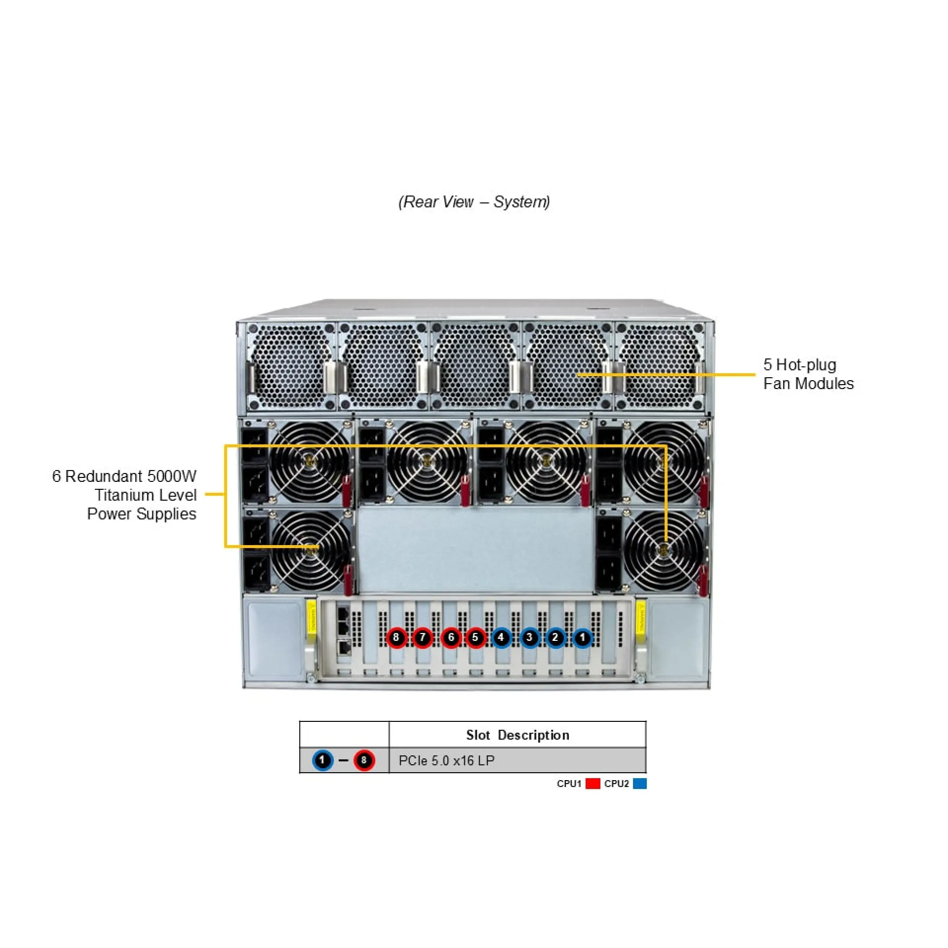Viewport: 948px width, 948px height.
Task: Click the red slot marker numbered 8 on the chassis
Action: point(395,637)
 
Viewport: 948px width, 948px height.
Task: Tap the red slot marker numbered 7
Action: point(422,637)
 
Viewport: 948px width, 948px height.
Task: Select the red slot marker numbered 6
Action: point(450,637)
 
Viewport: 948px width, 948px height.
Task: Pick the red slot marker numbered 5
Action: point(475,637)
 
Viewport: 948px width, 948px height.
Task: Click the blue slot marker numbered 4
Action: point(501,637)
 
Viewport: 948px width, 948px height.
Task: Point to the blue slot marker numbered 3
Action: point(529,637)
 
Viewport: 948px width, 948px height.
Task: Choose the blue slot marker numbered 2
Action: point(555,637)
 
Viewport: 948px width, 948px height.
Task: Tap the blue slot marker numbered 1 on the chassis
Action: point(583,637)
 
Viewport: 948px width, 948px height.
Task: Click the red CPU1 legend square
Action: point(592,784)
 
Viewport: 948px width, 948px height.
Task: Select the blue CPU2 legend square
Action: point(640,784)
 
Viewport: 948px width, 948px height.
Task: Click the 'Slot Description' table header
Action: point(517,735)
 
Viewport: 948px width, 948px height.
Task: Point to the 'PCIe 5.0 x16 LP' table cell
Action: point(446,760)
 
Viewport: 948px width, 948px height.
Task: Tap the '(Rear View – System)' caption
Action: point(474,202)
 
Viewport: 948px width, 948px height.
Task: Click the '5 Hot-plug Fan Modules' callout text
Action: point(808,374)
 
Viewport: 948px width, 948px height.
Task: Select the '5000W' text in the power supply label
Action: point(171,476)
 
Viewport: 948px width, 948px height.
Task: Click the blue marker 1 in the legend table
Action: point(322,760)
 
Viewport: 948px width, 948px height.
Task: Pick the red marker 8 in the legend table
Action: point(364,760)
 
